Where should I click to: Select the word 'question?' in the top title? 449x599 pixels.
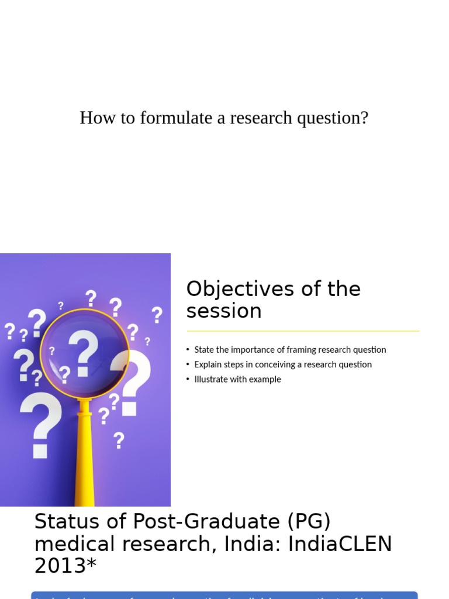tap(333, 118)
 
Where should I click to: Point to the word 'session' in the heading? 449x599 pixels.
tap(224, 311)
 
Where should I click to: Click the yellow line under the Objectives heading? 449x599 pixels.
tap(303, 331)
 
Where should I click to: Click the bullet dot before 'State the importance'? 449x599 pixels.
tap(188, 350)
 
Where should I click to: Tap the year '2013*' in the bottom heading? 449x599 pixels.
tap(65, 566)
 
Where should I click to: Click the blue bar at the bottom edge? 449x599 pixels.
tap(224, 595)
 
